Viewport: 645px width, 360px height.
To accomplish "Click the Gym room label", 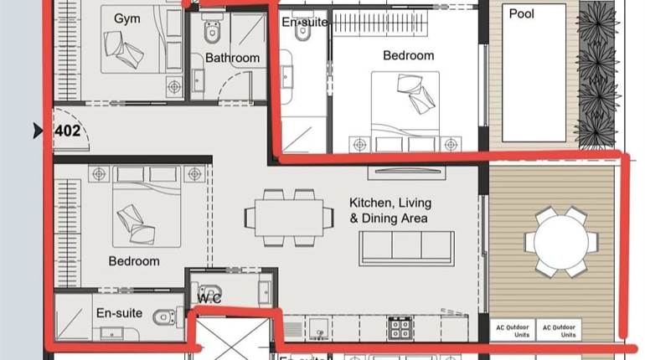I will tap(127, 18).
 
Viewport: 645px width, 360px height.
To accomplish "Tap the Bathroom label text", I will tap(232, 58).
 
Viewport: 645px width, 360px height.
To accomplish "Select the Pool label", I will tap(521, 13).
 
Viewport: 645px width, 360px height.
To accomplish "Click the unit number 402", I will tap(68, 131).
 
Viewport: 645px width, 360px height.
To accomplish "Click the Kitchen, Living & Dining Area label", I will tap(389, 210).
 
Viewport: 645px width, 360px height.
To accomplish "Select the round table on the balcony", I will tap(561, 241).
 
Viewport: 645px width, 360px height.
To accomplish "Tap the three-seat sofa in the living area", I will tap(406, 248).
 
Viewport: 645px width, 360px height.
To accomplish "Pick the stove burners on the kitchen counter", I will tap(396, 325).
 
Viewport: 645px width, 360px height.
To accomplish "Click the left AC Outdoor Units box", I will tap(511, 330).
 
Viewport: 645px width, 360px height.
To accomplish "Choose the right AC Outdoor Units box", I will tap(558, 330).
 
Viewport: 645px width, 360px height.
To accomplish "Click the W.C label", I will tap(209, 299).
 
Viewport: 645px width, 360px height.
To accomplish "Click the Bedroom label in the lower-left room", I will tap(134, 261).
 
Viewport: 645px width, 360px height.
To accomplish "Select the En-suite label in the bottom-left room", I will tap(119, 313).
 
